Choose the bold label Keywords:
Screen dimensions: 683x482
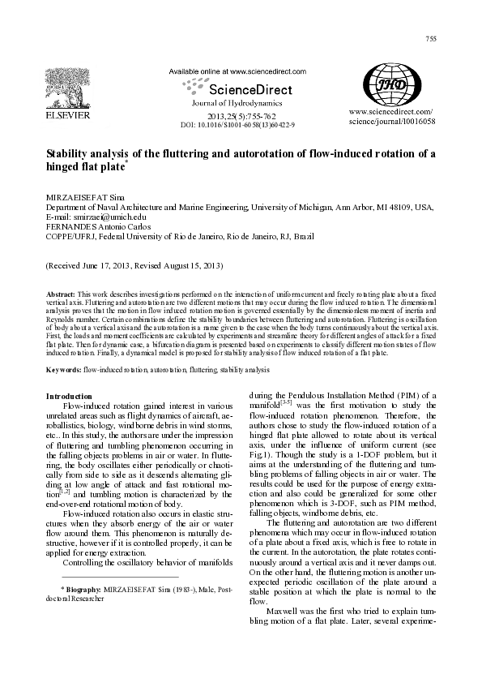click(63, 370)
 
